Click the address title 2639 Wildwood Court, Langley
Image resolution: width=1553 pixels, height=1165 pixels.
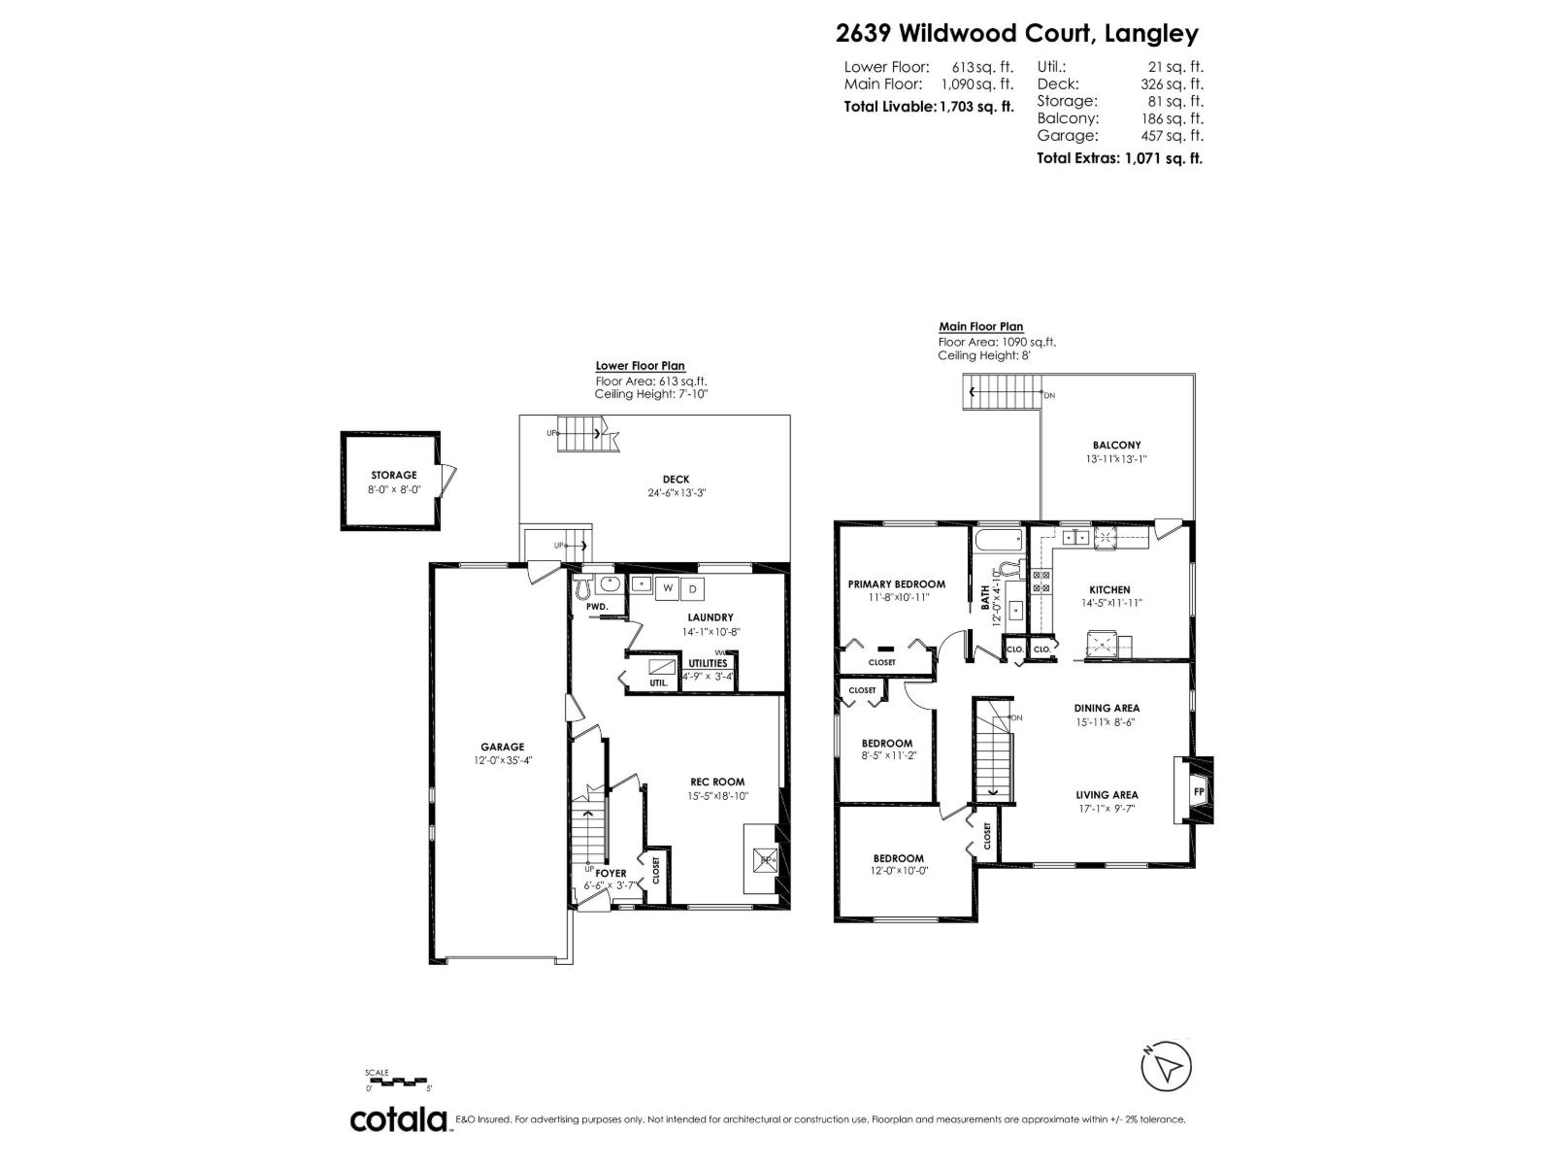[1016, 34]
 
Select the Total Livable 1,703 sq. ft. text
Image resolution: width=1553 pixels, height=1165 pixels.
[929, 107]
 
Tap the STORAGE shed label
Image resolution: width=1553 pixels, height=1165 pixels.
[393, 475]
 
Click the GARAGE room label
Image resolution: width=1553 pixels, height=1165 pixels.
[502, 747]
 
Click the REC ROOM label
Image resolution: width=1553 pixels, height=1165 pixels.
[718, 782]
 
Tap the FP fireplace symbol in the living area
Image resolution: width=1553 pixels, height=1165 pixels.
[1199, 791]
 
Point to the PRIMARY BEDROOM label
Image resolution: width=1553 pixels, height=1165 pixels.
[896, 583]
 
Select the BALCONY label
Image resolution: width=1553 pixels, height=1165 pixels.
[1116, 445]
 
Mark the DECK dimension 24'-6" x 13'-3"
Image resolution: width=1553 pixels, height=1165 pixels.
[676, 492]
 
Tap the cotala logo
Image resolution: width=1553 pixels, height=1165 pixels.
[398, 1119]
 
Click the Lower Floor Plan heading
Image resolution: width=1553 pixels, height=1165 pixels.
[640, 366]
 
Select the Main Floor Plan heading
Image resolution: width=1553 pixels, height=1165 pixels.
[980, 327]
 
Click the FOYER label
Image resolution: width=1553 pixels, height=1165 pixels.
[611, 873]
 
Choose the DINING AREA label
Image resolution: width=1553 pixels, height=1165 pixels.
[1107, 708]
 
